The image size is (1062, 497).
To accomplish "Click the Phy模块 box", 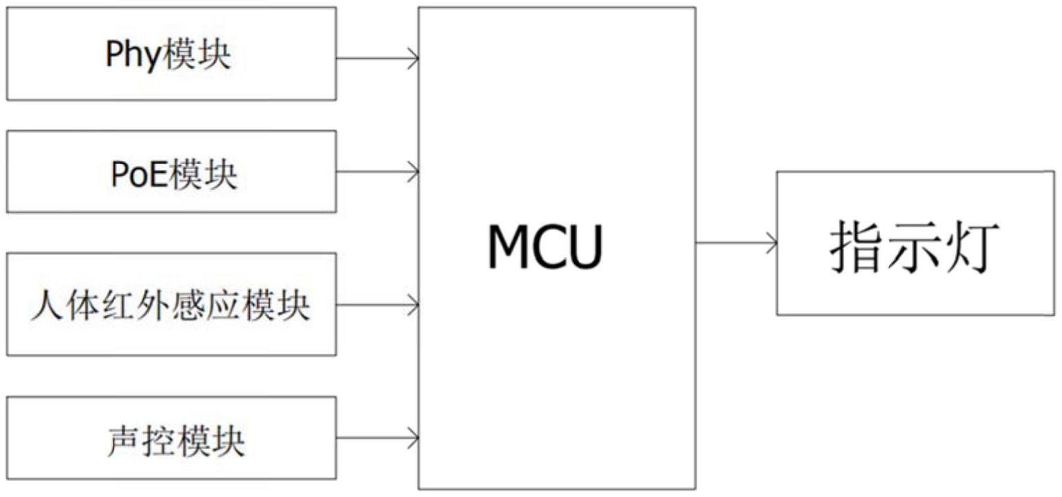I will [172, 54].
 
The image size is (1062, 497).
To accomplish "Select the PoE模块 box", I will [172, 171].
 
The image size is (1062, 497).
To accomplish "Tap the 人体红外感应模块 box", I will [172, 304].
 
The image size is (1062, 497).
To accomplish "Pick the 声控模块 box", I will [172, 438].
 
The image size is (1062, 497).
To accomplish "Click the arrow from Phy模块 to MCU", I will [378, 59].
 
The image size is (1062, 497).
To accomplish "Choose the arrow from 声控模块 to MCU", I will [378, 438].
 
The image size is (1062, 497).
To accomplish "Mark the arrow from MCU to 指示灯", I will [736, 243].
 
